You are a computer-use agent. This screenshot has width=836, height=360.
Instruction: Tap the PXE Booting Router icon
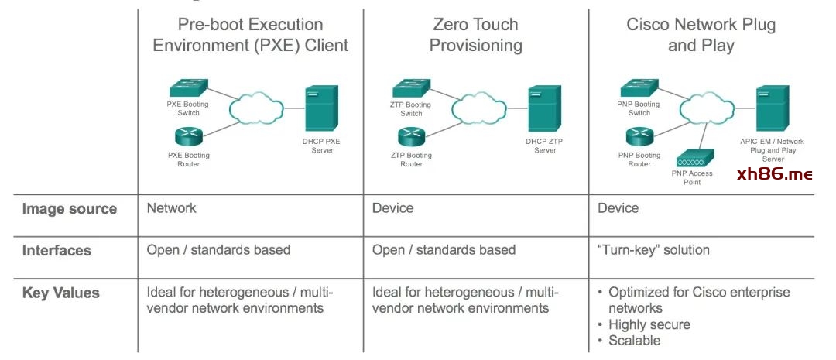(187, 138)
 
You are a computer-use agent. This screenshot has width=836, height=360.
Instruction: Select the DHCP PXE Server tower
(321, 108)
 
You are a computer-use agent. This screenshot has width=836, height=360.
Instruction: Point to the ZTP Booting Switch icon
(410, 88)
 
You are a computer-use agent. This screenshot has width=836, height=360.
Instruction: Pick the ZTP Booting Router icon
(412, 138)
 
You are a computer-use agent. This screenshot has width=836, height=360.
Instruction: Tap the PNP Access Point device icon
(691, 160)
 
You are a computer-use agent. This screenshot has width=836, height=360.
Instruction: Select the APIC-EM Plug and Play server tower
(772, 108)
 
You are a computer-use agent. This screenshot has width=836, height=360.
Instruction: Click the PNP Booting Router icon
(639, 138)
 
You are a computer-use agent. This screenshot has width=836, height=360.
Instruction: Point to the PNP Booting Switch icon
(639, 88)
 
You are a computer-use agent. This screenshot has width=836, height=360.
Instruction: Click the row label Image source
(69, 209)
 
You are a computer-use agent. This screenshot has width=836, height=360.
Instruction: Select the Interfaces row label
(57, 251)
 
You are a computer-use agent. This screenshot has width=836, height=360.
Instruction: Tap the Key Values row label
(60, 293)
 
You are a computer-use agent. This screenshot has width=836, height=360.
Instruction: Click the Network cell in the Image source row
(172, 208)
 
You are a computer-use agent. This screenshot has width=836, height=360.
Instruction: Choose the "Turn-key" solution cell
(653, 250)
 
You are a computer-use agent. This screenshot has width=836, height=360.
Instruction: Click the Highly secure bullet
(649, 324)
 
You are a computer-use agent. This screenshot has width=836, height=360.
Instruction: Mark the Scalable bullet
(634, 341)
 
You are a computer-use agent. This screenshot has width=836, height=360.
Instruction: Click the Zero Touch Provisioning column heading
(476, 35)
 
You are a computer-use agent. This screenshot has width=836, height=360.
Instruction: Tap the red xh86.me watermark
(774, 174)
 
